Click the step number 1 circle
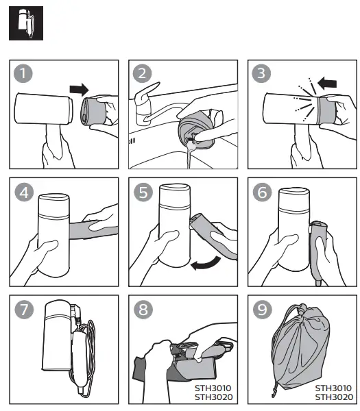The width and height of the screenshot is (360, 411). (x=23, y=73)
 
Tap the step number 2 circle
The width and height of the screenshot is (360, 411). (x=142, y=73)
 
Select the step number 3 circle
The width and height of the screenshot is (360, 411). (x=261, y=73)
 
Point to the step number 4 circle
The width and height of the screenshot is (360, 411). (x=24, y=192)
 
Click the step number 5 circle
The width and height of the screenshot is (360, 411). (x=143, y=192)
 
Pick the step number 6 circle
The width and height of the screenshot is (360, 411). (x=263, y=192)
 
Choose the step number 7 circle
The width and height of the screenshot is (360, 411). (x=24, y=310)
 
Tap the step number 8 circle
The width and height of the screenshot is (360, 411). (x=143, y=310)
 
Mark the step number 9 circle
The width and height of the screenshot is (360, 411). (x=263, y=310)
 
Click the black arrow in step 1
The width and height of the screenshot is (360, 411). (x=80, y=89)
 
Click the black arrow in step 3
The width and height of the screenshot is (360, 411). (x=327, y=83)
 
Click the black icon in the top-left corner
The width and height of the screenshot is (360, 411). (x=26, y=23)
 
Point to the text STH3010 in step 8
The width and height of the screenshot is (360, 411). (x=213, y=388)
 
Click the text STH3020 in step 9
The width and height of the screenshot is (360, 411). (x=334, y=397)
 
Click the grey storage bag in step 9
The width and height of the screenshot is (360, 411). (x=301, y=349)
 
